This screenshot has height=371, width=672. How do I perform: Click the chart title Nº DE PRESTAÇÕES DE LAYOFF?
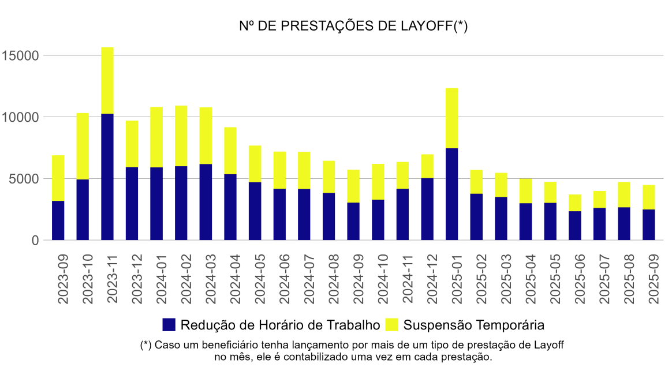click(353, 27)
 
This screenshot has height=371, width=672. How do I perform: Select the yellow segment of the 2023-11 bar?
click(107, 80)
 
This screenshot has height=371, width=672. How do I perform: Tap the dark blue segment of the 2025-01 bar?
click(451, 194)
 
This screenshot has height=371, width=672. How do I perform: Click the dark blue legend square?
click(169, 325)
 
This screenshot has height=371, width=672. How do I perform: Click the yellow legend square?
click(391, 325)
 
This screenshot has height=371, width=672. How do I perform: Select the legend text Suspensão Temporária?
click(474, 325)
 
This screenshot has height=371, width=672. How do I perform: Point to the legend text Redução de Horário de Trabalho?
click(281, 325)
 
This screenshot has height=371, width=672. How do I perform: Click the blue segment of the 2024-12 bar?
click(427, 209)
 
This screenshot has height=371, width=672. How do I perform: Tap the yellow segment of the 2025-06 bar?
click(574, 203)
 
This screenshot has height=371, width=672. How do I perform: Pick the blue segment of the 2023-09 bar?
click(58, 220)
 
